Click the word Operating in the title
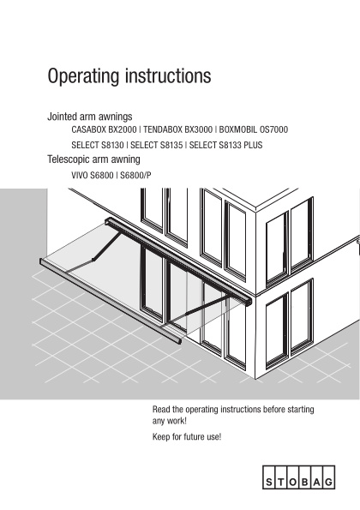click(x=83, y=76)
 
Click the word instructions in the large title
click(x=168, y=75)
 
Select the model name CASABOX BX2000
click(x=104, y=129)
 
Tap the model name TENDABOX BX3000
click(x=178, y=129)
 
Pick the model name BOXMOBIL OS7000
click(x=254, y=129)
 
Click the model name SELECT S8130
click(x=98, y=145)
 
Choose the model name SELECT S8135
click(x=156, y=145)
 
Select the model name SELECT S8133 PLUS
click(x=225, y=145)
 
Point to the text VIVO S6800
click(x=93, y=176)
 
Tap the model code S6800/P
click(x=135, y=176)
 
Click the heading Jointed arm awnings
click(x=90, y=117)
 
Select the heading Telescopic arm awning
click(x=93, y=159)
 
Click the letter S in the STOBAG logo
click(x=269, y=482)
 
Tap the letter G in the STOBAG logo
click(x=329, y=482)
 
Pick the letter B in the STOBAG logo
click(x=305, y=482)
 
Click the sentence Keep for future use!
click(x=187, y=436)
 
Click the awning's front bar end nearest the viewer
click(x=178, y=341)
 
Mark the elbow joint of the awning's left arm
click(x=93, y=259)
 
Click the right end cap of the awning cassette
click(x=249, y=301)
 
